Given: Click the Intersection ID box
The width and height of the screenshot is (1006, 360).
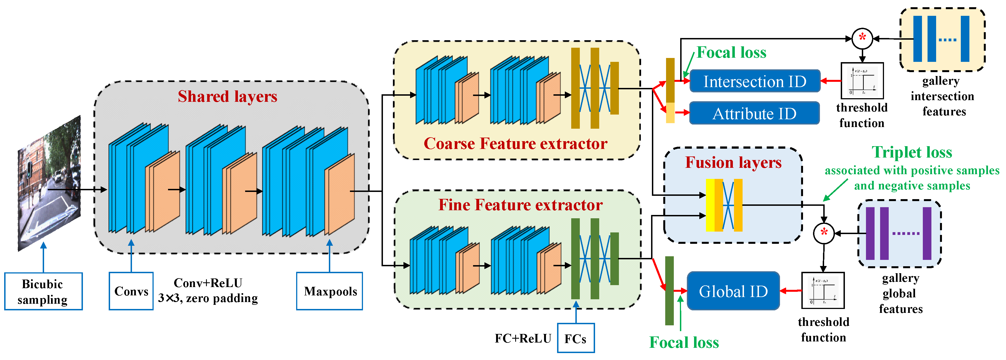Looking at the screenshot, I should [x=754, y=81].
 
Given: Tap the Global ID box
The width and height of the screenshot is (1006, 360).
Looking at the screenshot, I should [x=733, y=291].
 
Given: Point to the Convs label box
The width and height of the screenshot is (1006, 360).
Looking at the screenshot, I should [x=131, y=291].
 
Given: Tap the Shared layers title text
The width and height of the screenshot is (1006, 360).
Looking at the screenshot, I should [x=227, y=97].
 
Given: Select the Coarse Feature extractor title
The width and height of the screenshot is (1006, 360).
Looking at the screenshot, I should [x=515, y=144].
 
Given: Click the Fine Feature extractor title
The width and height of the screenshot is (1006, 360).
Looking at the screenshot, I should [x=520, y=205].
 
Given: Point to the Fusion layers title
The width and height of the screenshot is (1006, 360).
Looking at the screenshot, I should [x=733, y=163].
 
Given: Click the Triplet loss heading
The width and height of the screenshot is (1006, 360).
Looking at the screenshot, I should [x=912, y=152].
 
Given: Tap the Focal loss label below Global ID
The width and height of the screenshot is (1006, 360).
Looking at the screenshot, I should [x=684, y=343].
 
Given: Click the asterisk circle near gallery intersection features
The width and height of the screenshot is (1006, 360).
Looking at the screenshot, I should [x=862, y=38].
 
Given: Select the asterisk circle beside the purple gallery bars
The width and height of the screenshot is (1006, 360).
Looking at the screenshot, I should [x=824, y=233].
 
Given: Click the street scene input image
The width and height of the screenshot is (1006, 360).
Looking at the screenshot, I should [x=50, y=184].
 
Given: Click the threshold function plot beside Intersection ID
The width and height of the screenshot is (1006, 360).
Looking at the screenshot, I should [x=862, y=81].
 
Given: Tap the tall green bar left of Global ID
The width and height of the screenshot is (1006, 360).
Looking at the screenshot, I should [x=669, y=291].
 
